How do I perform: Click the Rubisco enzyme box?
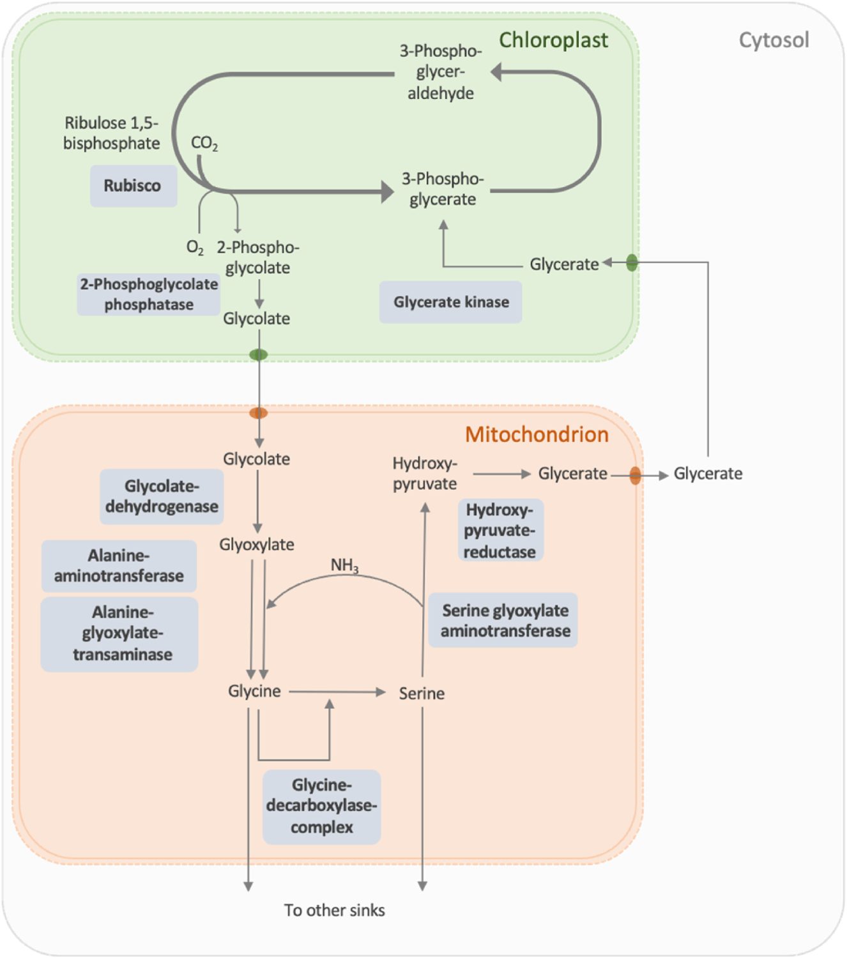tap(133, 186)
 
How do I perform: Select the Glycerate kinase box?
tap(451, 302)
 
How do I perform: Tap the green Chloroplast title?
tap(553, 40)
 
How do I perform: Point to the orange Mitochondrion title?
tap(537, 434)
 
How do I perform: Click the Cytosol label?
tap(774, 40)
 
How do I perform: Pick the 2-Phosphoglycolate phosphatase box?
tap(149, 294)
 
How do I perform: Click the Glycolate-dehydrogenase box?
tap(162, 497)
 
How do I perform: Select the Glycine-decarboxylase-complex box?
tap(322, 806)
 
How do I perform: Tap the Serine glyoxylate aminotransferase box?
tap(504, 621)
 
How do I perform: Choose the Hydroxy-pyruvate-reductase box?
tap(500, 531)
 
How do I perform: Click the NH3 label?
tap(344, 565)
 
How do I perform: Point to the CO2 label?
tap(204, 143)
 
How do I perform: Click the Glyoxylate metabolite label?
tap(257, 545)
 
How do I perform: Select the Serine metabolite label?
tap(422, 694)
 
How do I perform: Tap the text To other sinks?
tap(334, 910)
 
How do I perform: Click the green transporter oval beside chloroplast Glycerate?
tap(632, 262)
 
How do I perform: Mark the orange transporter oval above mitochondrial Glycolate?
tap(258, 413)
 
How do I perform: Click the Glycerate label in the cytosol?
tap(708, 474)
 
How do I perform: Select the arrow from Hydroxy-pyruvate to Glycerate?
tap(501, 474)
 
